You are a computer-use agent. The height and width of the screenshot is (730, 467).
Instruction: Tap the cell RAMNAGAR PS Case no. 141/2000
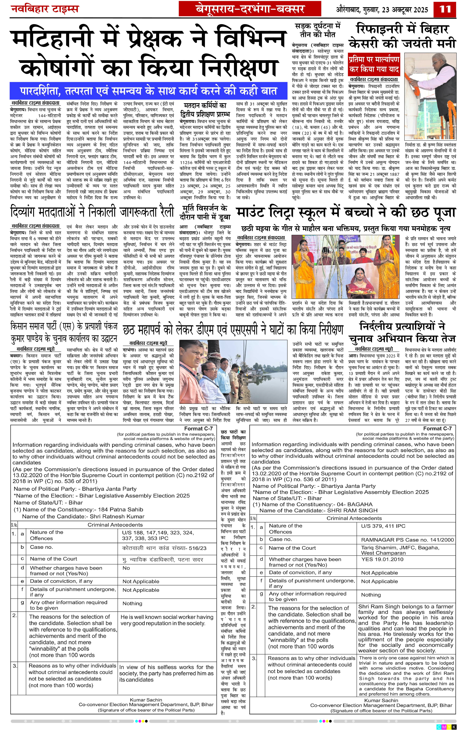(407, 540)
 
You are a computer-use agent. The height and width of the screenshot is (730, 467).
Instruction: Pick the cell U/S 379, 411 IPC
(383, 526)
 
